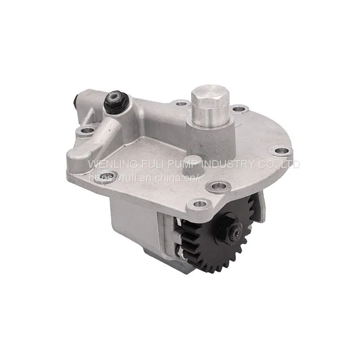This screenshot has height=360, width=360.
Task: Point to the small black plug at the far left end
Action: (76, 100)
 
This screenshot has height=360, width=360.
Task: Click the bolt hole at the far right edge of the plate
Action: (281, 151)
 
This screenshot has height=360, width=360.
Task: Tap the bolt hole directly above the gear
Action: (199, 204)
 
